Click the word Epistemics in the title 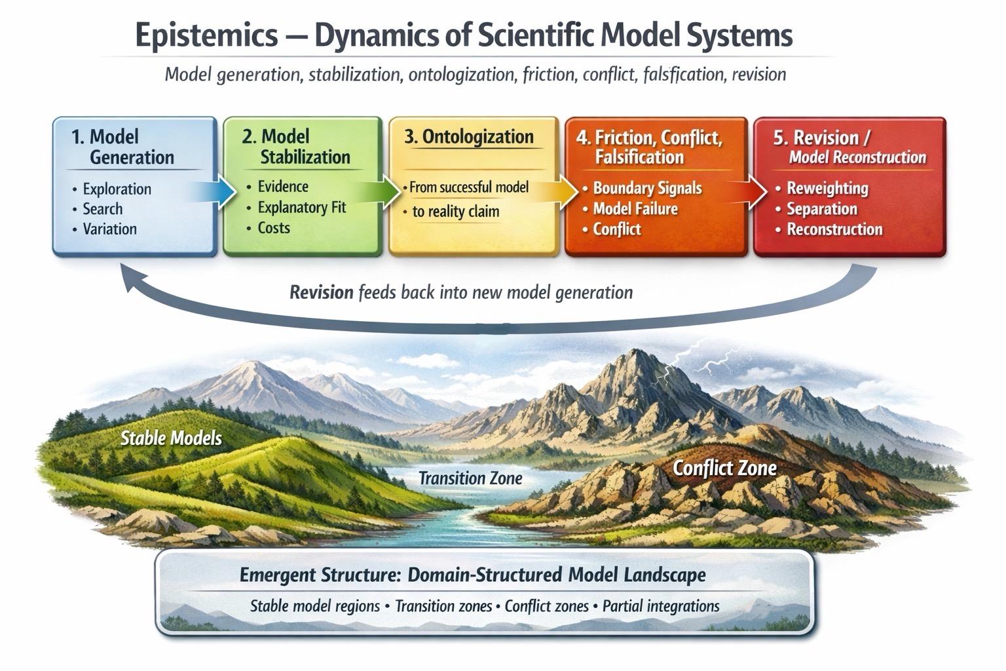coord(206,35)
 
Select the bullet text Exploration coord(117,189)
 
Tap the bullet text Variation coord(109,229)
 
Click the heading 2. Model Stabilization coord(297,147)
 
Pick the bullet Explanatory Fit coord(301,208)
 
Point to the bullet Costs coord(274,228)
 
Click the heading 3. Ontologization coord(469,137)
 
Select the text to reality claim coord(456,212)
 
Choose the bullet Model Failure coord(635,209)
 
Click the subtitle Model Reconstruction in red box coord(857,157)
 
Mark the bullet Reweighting coord(827,189)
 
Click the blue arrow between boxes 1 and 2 coord(219,192)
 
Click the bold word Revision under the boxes coord(322,292)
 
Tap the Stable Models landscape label coord(171,438)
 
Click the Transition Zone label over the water coord(470,478)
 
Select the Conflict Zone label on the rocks coord(724,468)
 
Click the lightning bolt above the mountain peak coord(693,357)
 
